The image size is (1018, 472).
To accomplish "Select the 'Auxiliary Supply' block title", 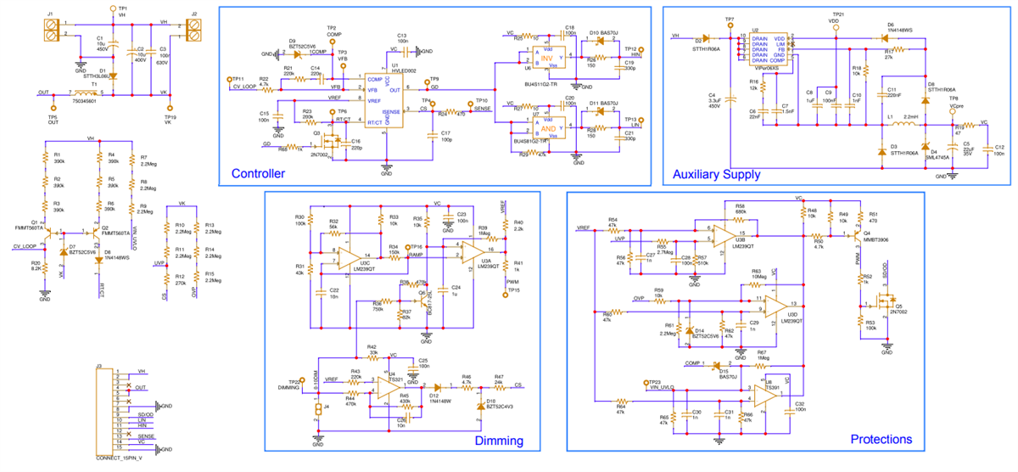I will coord(717,174).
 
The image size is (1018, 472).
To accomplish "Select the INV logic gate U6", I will coord(551,56).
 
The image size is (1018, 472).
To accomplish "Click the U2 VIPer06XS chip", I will coord(766,49).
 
